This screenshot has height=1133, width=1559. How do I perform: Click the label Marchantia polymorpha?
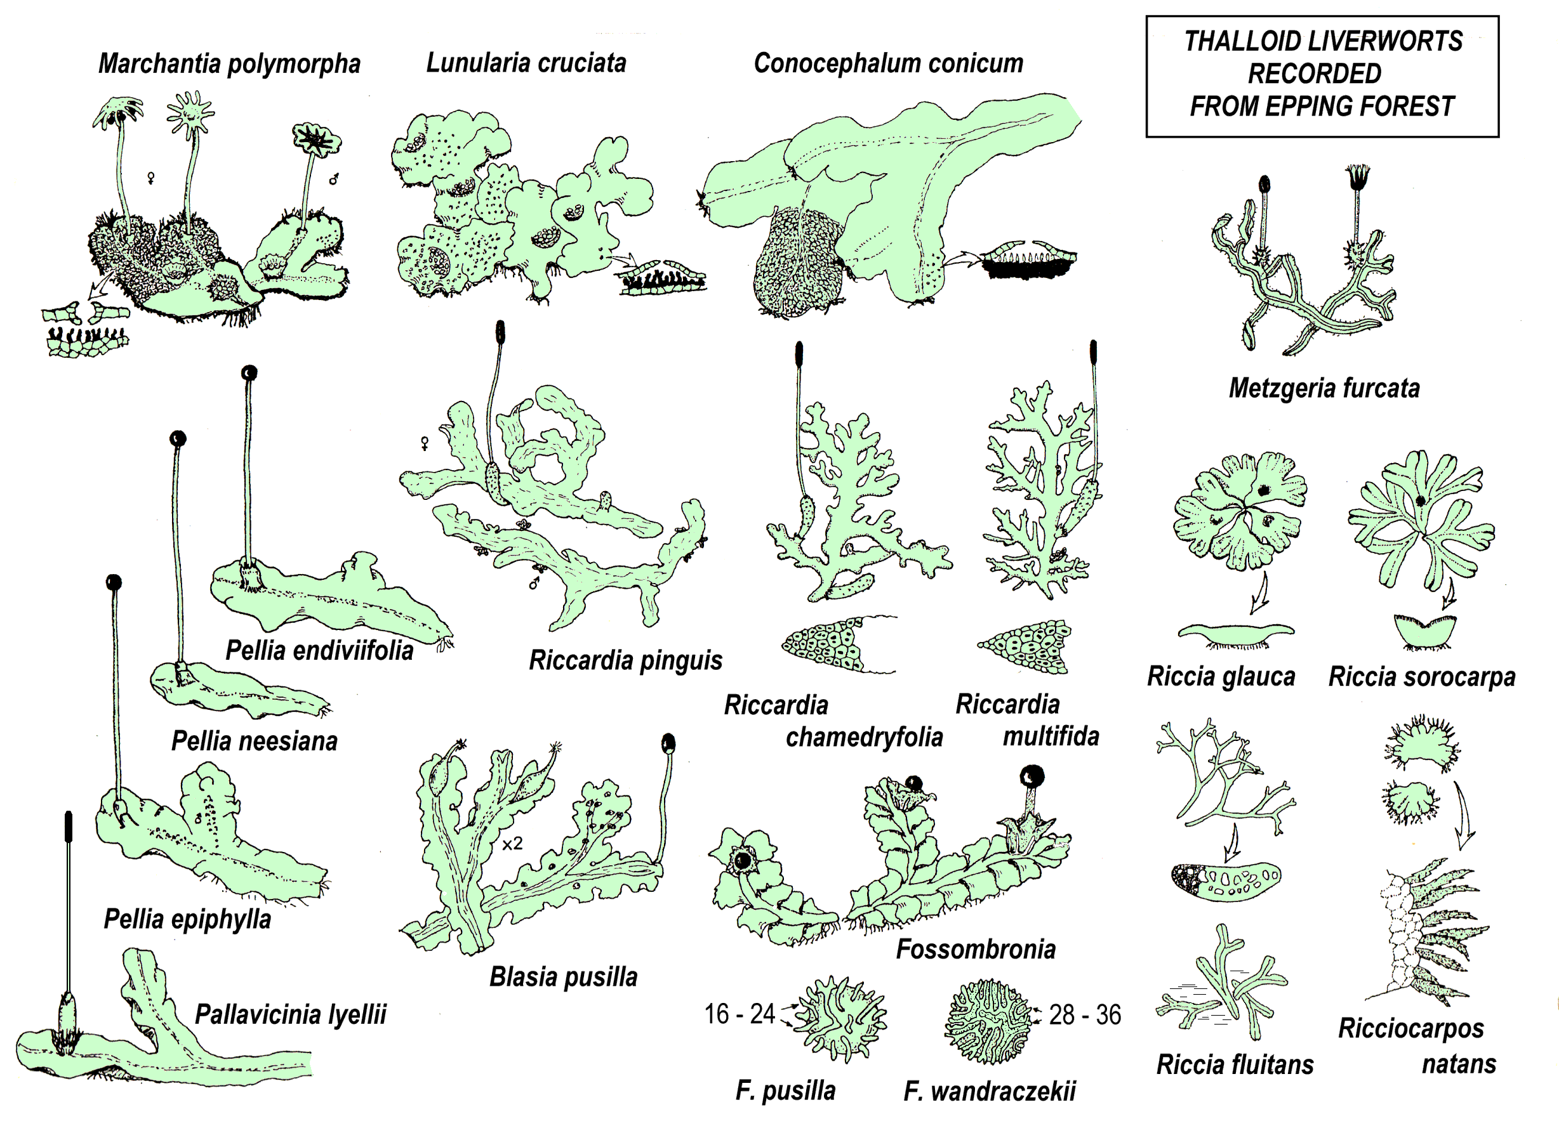coord(229,64)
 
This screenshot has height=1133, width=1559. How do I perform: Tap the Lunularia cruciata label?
coord(526,63)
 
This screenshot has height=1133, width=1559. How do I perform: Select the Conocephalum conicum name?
coord(888,63)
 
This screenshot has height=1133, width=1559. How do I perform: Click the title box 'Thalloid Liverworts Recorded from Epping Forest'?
coord(1322,75)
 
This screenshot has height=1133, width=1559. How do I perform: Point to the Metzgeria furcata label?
coord(1324,388)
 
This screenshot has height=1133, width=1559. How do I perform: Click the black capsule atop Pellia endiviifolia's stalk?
coord(249,372)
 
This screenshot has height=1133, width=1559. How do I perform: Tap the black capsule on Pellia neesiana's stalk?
coord(178,438)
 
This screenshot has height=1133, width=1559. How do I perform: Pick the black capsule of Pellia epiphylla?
coord(114,582)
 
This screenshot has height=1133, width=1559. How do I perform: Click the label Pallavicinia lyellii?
coord(290,1014)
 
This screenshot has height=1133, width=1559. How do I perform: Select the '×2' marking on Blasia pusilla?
coord(512,844)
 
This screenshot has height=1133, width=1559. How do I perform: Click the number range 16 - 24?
coord(739,1014)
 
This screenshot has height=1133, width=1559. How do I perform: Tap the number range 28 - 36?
coord(1085,1015)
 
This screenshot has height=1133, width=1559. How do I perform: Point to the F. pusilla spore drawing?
coord(842,1019)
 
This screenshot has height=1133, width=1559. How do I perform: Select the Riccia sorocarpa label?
coord(1421,677)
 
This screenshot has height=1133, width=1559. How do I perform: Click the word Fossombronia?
coord(976,950)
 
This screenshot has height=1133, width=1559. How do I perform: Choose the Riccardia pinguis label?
coord(625,660)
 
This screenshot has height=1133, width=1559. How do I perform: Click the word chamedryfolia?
coord(864,737)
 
